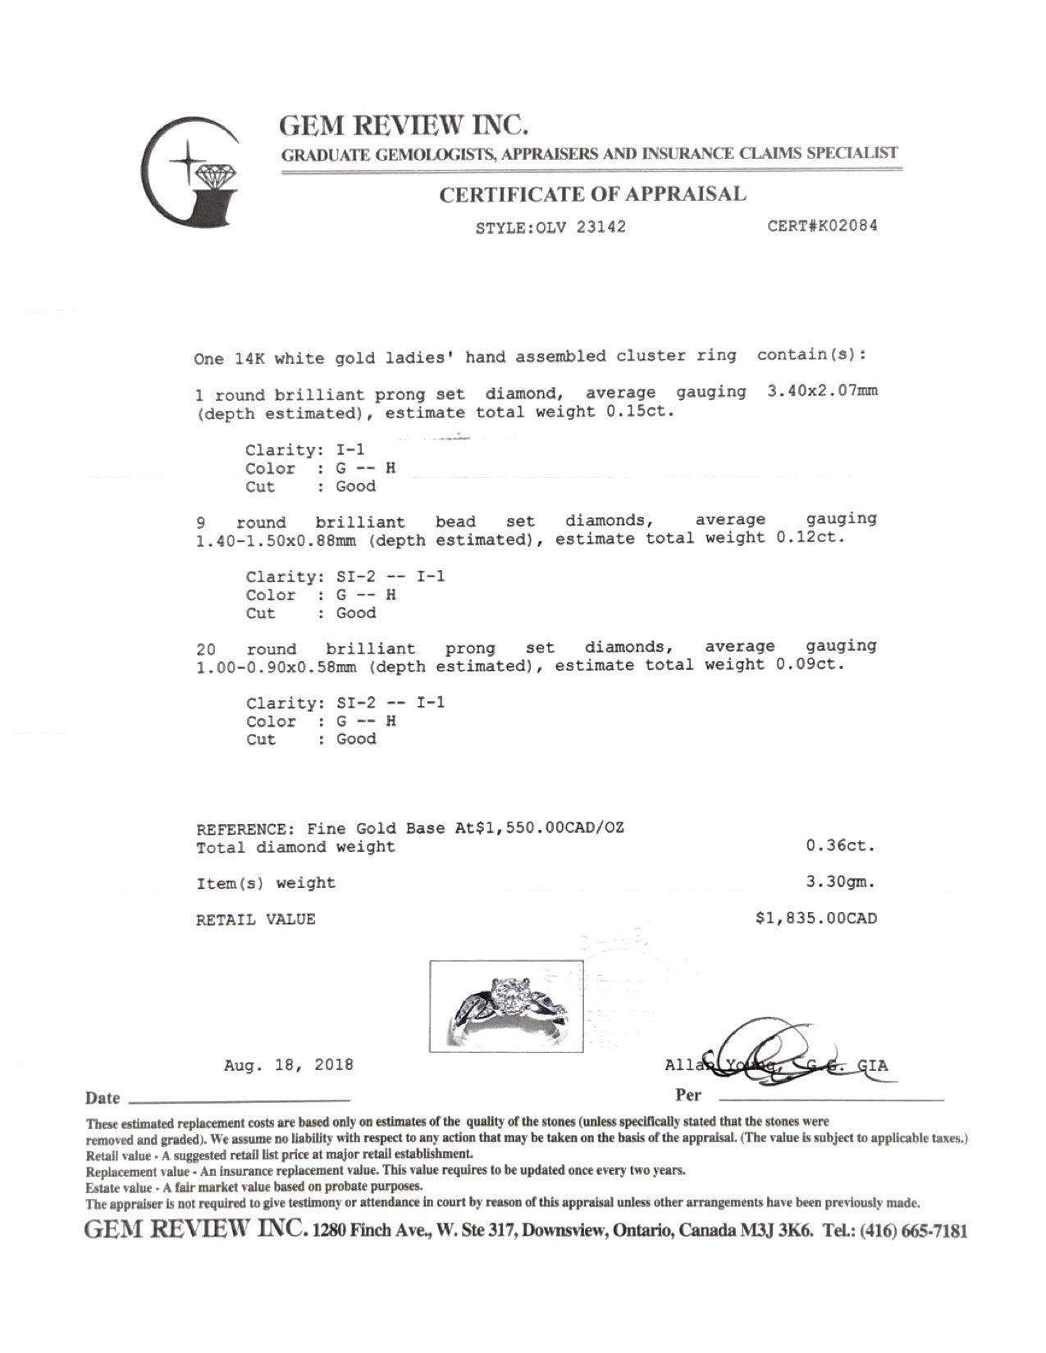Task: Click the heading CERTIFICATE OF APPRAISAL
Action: [592, 195]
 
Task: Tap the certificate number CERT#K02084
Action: [822, 225]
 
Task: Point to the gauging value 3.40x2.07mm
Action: [822, 391]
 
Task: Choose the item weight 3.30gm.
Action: [841, 882]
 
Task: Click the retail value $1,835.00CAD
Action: [815, 918]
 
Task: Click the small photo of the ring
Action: [506, 1005]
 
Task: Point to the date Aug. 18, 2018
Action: [289, 1065]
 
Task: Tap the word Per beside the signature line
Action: [688, 1096]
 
